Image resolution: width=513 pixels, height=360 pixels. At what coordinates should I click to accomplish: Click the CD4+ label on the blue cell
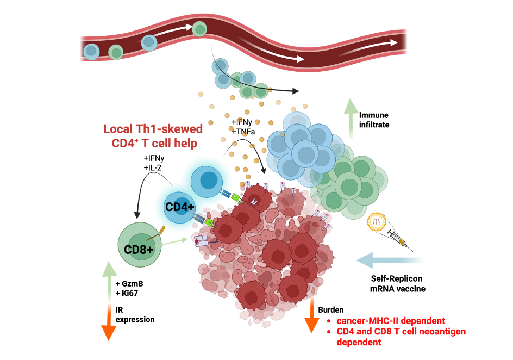[179, 207]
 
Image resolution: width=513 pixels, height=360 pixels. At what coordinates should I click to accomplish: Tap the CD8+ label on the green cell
[139, 250]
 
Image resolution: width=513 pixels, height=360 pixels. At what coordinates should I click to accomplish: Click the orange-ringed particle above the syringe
[377, 222]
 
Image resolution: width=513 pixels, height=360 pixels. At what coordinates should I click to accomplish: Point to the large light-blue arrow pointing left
[389, 260]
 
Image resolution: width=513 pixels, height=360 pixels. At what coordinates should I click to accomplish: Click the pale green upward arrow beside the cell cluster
[351, 120]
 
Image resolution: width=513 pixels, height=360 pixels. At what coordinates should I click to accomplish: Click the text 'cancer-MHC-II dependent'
[391, 321]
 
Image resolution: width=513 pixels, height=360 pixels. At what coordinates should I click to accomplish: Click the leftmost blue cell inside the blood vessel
[91, 52]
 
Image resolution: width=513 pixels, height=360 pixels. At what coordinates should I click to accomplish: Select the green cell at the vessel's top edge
[199, 28]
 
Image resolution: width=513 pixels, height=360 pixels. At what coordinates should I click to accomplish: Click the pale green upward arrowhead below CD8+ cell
[109, 269]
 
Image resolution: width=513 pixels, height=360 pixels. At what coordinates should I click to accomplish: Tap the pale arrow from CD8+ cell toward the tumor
[175, 242]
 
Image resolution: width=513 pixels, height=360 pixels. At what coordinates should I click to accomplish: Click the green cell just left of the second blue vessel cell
[116, 52]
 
